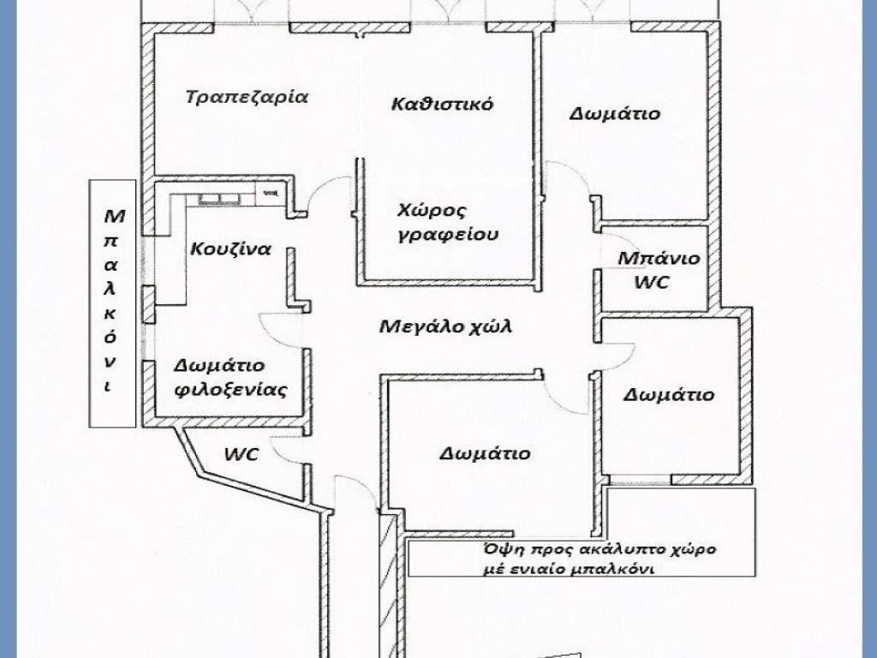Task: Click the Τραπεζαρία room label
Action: (247, 96)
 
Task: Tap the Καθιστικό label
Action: (441, 105)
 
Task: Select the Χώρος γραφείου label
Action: (447, 222)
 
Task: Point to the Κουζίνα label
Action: (231, 249)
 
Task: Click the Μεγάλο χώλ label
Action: (438, 326)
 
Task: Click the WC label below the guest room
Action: (242, 454)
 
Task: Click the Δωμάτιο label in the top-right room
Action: (615, 113)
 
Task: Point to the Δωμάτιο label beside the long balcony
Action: (669, 395)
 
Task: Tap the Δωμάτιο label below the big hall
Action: (485, 453)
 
